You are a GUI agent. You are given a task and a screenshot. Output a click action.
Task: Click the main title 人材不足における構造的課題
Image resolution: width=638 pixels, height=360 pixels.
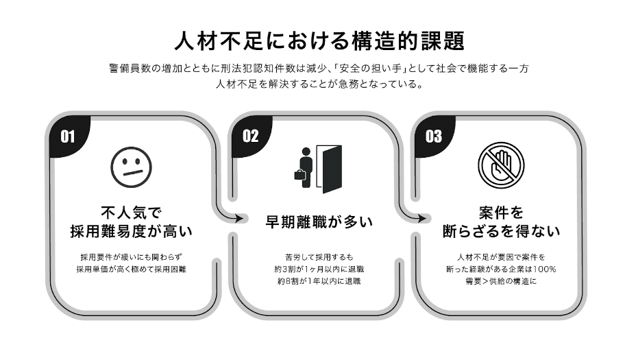[319, 40]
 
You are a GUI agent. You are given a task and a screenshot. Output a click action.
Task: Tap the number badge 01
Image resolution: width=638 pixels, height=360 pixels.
[67, 136]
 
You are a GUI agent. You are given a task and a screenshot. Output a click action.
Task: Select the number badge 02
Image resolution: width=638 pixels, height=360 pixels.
[250, 136]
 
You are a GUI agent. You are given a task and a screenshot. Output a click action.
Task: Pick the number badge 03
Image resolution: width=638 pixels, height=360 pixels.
[433, 136]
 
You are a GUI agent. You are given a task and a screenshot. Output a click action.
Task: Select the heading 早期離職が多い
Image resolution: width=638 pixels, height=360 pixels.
[319, 222]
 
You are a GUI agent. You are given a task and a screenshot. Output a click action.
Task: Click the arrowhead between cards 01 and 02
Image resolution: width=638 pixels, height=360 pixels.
[240, 219]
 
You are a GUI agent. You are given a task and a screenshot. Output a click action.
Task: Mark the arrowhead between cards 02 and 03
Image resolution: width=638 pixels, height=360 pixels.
[422, 219]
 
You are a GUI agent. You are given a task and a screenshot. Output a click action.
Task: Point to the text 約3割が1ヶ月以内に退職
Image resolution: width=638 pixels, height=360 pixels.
[319, 269]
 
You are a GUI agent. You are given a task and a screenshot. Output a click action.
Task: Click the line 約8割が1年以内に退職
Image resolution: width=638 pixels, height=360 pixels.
[319, 281]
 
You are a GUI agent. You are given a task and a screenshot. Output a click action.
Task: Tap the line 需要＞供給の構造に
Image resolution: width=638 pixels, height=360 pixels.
[501, 281]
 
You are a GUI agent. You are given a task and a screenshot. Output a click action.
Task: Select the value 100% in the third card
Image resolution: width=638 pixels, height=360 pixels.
[542, 269]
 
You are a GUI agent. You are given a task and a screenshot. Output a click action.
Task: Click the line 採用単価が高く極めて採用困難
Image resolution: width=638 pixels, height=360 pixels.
[131, 269]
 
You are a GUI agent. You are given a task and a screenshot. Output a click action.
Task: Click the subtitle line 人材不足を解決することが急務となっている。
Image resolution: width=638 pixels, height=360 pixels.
[319, 86]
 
